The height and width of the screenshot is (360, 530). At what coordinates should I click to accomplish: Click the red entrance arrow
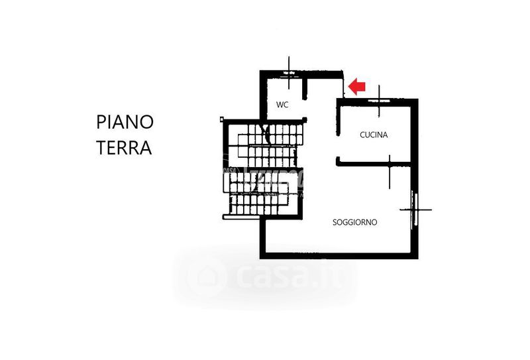pyautogui.click(x=358, y=86)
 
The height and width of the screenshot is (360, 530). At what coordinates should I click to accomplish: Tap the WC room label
pyautogui.click(x=282, y=105)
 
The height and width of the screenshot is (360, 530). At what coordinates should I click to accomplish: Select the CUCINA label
pyautogui.click(x=374, y=135)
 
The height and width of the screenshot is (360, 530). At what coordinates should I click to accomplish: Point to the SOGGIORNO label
pyautogui.click(x=354, y=223)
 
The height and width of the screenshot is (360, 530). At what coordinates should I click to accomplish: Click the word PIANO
pyautogui.click(x=125, y=122)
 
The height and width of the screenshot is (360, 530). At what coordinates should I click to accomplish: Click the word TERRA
pyautogui.click(x=124, y=147)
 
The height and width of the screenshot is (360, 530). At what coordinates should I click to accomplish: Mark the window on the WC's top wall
pyautogui.click(x=290, y=72)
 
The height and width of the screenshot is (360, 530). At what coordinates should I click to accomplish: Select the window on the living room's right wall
pyautogui.click(x=415, y=210)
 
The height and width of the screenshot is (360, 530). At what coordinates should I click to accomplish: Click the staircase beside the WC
pyautogui.click(x=263, y=170)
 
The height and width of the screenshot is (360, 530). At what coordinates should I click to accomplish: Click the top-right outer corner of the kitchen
pyautogui.click(x=417, y=100)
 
